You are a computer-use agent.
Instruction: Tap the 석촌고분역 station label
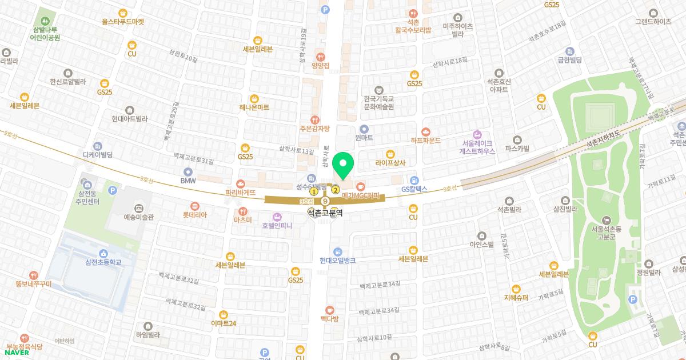click(324, 213)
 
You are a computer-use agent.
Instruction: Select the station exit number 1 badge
click(314, 192)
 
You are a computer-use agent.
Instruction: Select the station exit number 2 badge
click(336, 190)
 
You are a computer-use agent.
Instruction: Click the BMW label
click(188, 181)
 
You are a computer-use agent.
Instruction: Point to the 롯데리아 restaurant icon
click(195, 205)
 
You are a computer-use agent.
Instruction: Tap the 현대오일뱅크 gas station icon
click(338, 251)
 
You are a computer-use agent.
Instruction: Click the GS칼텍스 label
click(414, 189)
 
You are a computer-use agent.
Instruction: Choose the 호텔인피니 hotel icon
click(277, 217)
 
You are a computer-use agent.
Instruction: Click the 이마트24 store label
click(223, 323)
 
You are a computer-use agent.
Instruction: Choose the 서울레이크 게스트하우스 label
click(478, 147)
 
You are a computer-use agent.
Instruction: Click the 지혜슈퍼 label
click(516, 298)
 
